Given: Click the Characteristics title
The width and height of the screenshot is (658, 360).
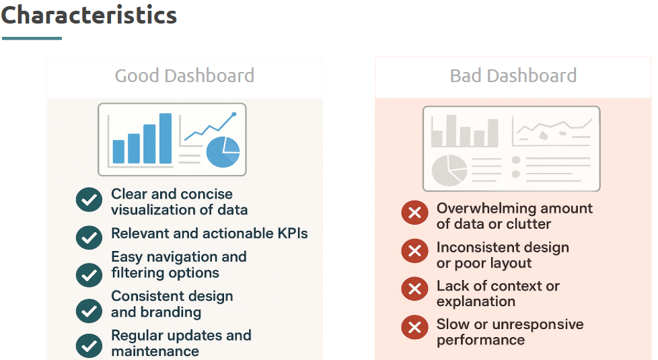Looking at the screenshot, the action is point(89,15).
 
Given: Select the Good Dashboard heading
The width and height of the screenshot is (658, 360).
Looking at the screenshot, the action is point(184,76).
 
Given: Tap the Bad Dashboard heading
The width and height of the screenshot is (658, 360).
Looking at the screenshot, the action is point(513,76).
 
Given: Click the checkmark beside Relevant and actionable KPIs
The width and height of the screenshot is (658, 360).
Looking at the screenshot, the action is point(89,238).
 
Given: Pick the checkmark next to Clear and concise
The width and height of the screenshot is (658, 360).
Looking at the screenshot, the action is point(89,200).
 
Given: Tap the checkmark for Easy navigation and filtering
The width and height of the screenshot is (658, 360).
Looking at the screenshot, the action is point(89,275).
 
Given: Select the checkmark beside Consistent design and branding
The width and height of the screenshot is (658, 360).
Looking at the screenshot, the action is point(89,310).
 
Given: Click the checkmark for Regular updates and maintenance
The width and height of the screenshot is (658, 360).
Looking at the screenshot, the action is point(89,345).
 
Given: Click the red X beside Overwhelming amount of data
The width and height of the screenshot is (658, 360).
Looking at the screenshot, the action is point(414,213).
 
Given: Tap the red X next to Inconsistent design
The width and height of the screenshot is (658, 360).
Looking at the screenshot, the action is point(414,251).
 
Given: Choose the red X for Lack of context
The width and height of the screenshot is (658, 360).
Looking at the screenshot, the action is point(414,289).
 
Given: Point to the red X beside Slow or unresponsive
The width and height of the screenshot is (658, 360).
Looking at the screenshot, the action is point(414,327).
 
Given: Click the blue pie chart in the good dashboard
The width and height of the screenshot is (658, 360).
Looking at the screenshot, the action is point(223,152).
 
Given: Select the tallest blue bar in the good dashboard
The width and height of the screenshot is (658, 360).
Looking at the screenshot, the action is point(166,138).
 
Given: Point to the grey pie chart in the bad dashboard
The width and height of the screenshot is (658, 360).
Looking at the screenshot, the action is point(449,170).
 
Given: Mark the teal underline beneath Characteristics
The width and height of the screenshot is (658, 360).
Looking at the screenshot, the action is point(32,38).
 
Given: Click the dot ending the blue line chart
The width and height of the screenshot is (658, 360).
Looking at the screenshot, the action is point(233,114).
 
